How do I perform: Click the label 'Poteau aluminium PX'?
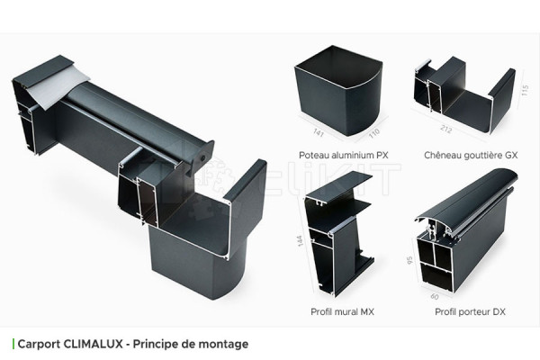344,155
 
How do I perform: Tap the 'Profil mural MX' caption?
344,311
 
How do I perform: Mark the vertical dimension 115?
524,93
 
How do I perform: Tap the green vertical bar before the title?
13,344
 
